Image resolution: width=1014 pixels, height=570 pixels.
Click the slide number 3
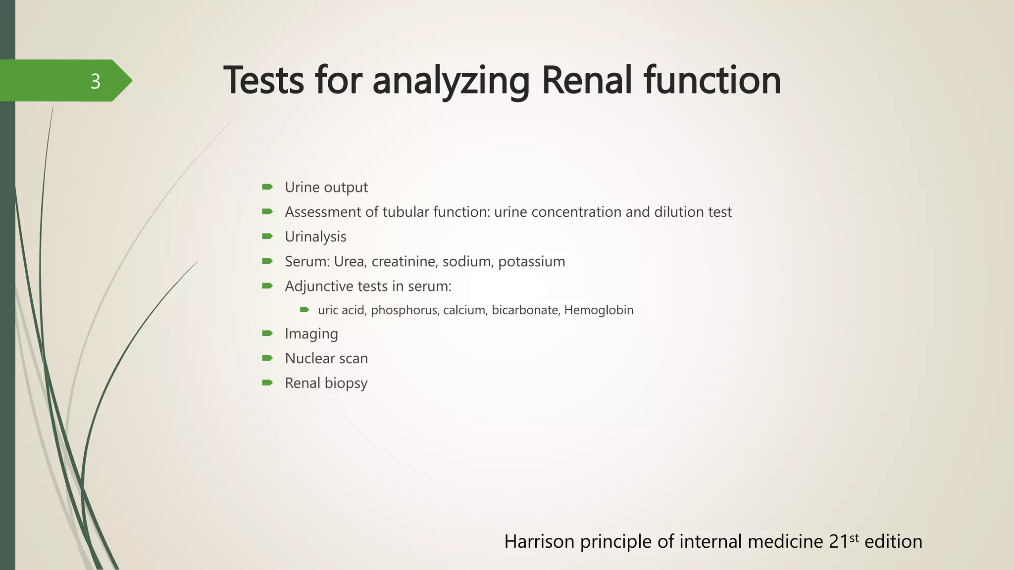coord(95,81)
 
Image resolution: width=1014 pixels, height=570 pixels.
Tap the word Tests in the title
coord(263,80)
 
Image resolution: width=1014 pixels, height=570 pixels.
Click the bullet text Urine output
coord(326,188)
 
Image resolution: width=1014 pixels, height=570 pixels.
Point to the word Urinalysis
coord(315,237)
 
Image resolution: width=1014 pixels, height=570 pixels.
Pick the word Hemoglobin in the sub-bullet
coord(599,310)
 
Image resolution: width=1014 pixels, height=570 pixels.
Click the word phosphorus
coord(404,310)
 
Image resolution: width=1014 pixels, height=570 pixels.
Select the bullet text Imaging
coord(311,334)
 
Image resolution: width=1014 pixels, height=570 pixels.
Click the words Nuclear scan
coord(326,359)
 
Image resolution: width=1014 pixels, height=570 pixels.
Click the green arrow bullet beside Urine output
coord(267,187)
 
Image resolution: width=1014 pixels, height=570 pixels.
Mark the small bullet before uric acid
coord(304,310)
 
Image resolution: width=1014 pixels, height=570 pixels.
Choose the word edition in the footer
coord(893,542)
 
